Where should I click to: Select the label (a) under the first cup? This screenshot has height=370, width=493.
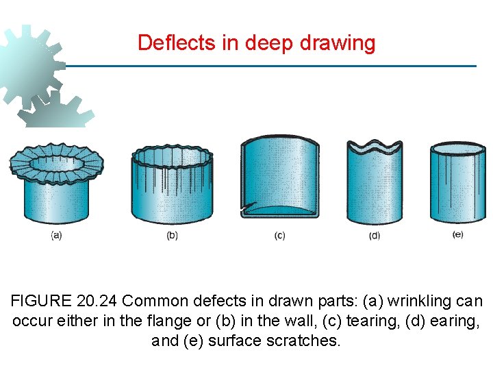(56, 235)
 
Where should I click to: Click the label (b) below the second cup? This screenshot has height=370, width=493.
(172, 236)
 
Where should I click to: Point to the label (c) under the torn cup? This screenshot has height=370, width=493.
(279, 236)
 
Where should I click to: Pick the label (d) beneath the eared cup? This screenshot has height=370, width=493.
(374, 236)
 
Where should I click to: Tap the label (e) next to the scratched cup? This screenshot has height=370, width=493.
(457, 234)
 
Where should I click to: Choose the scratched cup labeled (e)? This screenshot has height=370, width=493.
(457, 182)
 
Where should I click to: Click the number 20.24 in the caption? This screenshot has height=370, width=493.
(100, 301)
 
